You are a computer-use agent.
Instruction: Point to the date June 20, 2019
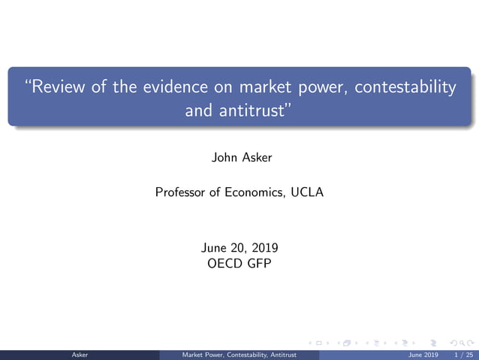239,247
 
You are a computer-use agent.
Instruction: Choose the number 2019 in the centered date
263,247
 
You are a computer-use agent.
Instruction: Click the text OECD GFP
239,264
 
